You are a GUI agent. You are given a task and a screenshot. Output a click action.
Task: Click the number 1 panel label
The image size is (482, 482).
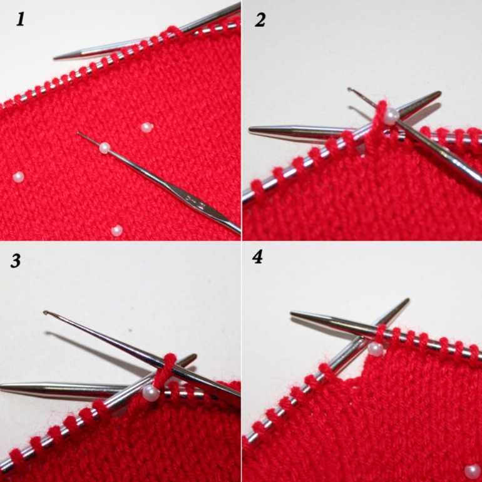click(x=20, y=19)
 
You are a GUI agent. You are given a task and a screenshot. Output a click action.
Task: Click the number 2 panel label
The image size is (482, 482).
click(x=260, y=20)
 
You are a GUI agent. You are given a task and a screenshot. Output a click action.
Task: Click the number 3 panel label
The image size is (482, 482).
click(x=16, y=260)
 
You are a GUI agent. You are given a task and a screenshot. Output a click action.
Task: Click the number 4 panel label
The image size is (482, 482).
click(x=258, y=257)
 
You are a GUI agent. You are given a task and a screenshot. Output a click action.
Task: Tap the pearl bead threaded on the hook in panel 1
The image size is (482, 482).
click(x=105, y=148)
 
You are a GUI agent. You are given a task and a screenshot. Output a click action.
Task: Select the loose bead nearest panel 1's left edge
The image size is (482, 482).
click(x=18, y=177)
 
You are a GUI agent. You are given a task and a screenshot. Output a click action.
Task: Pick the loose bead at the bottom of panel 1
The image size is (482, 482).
click(x=116, y=230)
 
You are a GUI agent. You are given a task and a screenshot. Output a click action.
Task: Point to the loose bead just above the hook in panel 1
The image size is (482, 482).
click(x=146, y=127)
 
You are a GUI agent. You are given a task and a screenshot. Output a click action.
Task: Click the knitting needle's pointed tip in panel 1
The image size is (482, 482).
click(x=54, y=58)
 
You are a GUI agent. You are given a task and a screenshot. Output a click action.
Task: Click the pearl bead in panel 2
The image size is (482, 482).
click(x=391, y=116)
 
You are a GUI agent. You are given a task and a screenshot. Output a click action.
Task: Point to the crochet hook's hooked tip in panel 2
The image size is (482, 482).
click(x=350, y=90)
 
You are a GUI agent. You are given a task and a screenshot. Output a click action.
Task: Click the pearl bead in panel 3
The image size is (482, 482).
click(x=151, y=394)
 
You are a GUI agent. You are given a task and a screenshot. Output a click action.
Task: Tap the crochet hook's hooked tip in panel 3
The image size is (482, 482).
click(x=46, y=312)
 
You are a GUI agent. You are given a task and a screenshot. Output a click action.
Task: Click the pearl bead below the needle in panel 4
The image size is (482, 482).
click(x=376, y=349)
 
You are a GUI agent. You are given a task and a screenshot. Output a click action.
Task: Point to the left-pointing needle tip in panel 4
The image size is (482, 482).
click(x=292, y=313)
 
